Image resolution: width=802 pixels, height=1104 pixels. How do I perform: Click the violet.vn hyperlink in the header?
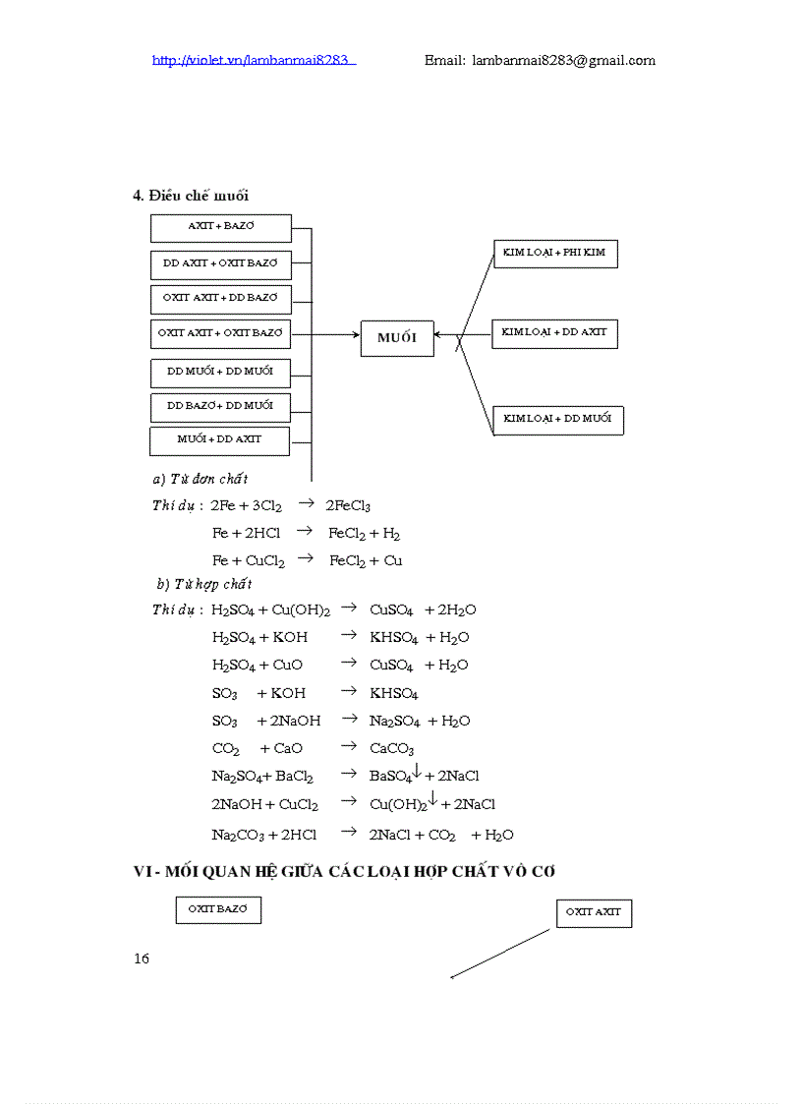(254, 60)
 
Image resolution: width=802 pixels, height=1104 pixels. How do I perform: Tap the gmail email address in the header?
(540, 60)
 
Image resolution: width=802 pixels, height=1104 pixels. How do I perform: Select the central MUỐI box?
(397, 338)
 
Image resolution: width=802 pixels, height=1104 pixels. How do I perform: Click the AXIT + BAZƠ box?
(221, 227)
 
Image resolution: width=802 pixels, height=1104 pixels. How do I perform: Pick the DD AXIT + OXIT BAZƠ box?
(221, 263)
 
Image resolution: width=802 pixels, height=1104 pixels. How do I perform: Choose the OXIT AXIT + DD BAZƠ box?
(221, 298)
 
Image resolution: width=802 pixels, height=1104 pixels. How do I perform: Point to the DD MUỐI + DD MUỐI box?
(221, 373)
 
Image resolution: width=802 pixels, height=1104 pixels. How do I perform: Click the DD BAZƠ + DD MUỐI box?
(221, 406)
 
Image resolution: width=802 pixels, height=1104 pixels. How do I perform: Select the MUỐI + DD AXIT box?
(220, 440)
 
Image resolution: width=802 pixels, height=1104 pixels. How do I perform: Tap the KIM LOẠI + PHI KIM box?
(554, 254)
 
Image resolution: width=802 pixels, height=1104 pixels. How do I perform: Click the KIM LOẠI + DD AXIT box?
(554, 333)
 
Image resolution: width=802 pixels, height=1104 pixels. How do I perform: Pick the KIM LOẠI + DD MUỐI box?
(557, 420)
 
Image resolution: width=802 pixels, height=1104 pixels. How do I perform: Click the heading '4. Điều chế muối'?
(191, 195)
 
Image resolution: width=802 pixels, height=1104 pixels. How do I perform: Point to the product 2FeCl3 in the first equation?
(348, 506)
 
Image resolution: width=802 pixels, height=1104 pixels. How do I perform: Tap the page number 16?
(142, 959)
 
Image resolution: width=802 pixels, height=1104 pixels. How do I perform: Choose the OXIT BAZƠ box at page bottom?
(218, 910)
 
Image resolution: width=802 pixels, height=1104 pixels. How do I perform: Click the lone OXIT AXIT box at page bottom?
(594, 913)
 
